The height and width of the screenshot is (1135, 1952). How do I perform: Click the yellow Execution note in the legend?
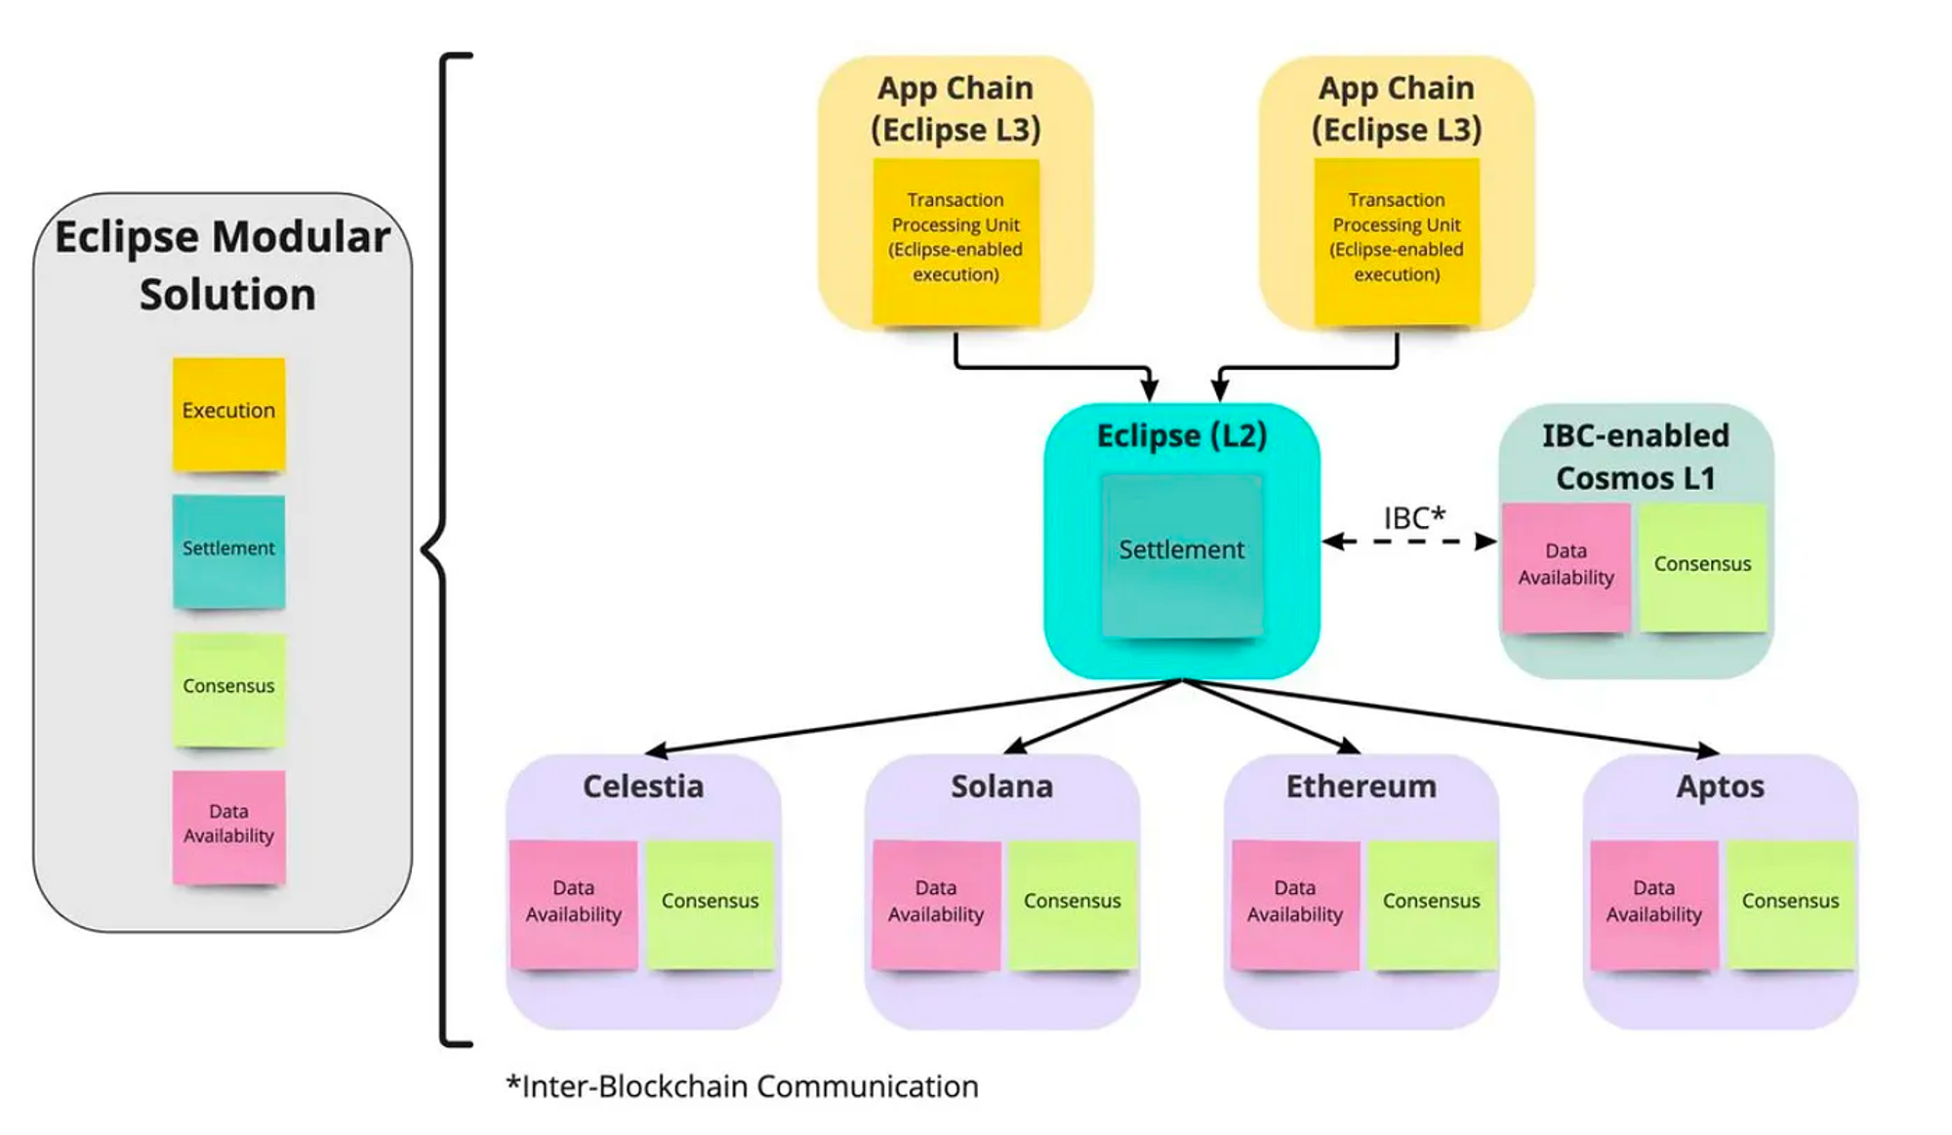pyautogui.click(x=228, y=414)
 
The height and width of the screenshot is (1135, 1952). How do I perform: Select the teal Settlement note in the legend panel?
pyautogui.click(x=228, y=550)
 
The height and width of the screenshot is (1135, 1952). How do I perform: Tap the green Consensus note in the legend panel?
pyautogui.click(x=228, y=689)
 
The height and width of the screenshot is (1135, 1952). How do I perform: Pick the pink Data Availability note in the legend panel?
pyautogui.click(x=228, y=826)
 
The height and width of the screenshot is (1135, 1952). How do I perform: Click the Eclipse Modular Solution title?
pyautogui.click(x=224, y=265)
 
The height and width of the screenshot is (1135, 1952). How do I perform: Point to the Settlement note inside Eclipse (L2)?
pyautogui.click(x=1181, y=553)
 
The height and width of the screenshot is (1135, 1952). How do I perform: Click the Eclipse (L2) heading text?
pyautogui.click(x=1181, y=435)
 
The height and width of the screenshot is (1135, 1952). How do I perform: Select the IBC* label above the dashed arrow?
pyautogui.click(x=1413, y=518)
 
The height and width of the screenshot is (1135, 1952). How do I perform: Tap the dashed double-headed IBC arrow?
pyautogui.click(x=1409, y=542)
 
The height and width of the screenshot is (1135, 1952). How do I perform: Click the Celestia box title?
pyautogui.click(x=643, y=787)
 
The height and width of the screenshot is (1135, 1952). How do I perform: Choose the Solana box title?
pyautogui.click(x=1002, y=787)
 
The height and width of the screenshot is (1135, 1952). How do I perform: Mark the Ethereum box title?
pyautogui.click(x=1361, y=787)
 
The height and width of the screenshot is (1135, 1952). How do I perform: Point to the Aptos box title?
pyautogui.click(x=1720, y=787)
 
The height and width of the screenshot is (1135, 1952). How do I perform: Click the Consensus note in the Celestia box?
pyautogui.click(x=710, y=903)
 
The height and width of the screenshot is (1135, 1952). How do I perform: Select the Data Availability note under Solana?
pyautogui.click(x=936, y=903)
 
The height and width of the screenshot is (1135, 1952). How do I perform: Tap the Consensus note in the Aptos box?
pyautogui.click(x=1790, y=903)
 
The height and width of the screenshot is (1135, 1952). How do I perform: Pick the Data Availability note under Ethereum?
pyautogui.click(x=1295, y=903)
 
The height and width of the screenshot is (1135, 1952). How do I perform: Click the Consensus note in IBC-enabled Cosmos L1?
pyautogui.click(x=1702, y=566)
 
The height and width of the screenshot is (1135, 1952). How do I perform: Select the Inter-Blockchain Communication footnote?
pyautogui.click(x=742, y=1087)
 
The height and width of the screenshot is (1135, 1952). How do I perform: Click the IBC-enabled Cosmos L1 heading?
pyautogui.click(x=1636, y=457)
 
